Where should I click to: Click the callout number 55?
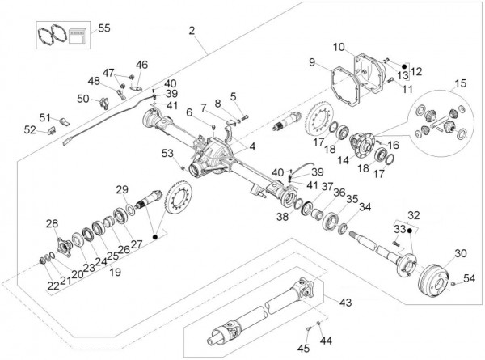(103, 28)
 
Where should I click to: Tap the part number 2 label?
(192, 32)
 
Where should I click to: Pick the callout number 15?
(460, 83)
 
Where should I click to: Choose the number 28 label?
(51, 223)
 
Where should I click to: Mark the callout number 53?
(167, 152)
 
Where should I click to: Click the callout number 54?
(469, 278)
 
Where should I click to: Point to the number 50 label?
(84, 99)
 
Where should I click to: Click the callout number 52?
(29, 129)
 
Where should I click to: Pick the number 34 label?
(366, 207)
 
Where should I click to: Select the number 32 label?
(414, 216)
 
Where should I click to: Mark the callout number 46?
(142, 65)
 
